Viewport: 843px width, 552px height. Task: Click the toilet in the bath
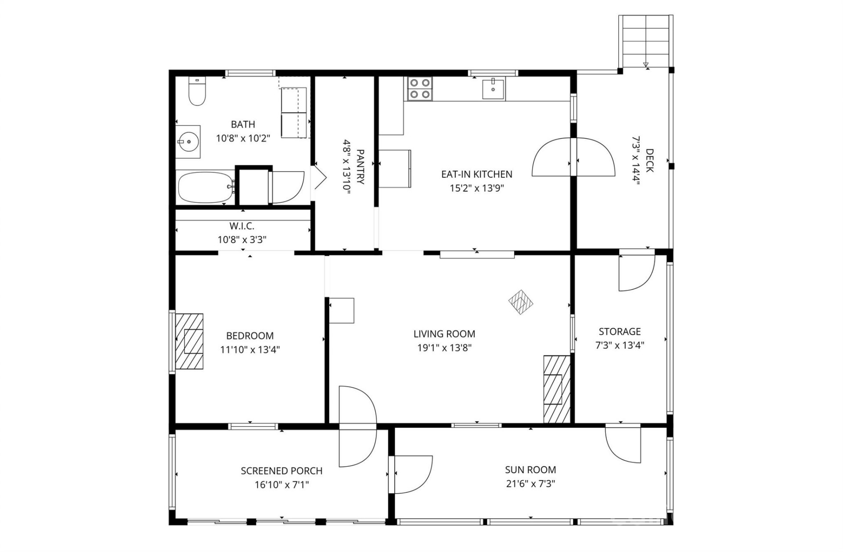pos(197,92)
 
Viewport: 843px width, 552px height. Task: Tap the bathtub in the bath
pos(205,187)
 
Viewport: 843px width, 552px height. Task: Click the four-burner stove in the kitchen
pos(419,88)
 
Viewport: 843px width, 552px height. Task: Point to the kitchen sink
pos(494,89)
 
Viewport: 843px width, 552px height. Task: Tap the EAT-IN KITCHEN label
pos(476,174)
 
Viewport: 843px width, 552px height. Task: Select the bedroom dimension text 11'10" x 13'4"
pos(250,350)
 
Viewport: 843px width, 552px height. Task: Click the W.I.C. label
pos(242,226)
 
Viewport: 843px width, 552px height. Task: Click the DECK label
pos(649,161)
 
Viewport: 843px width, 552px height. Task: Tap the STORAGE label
pos(620,331)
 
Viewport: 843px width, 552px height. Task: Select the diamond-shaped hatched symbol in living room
pos(521,302)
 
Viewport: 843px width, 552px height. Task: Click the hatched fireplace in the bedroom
pos(189,341)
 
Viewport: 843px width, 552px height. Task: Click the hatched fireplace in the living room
pos(557,389)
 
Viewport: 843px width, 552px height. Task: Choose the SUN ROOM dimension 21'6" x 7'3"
pos(530,484)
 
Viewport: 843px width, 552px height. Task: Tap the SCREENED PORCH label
pos(281,471)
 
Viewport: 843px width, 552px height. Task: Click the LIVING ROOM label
pos(444,334)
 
